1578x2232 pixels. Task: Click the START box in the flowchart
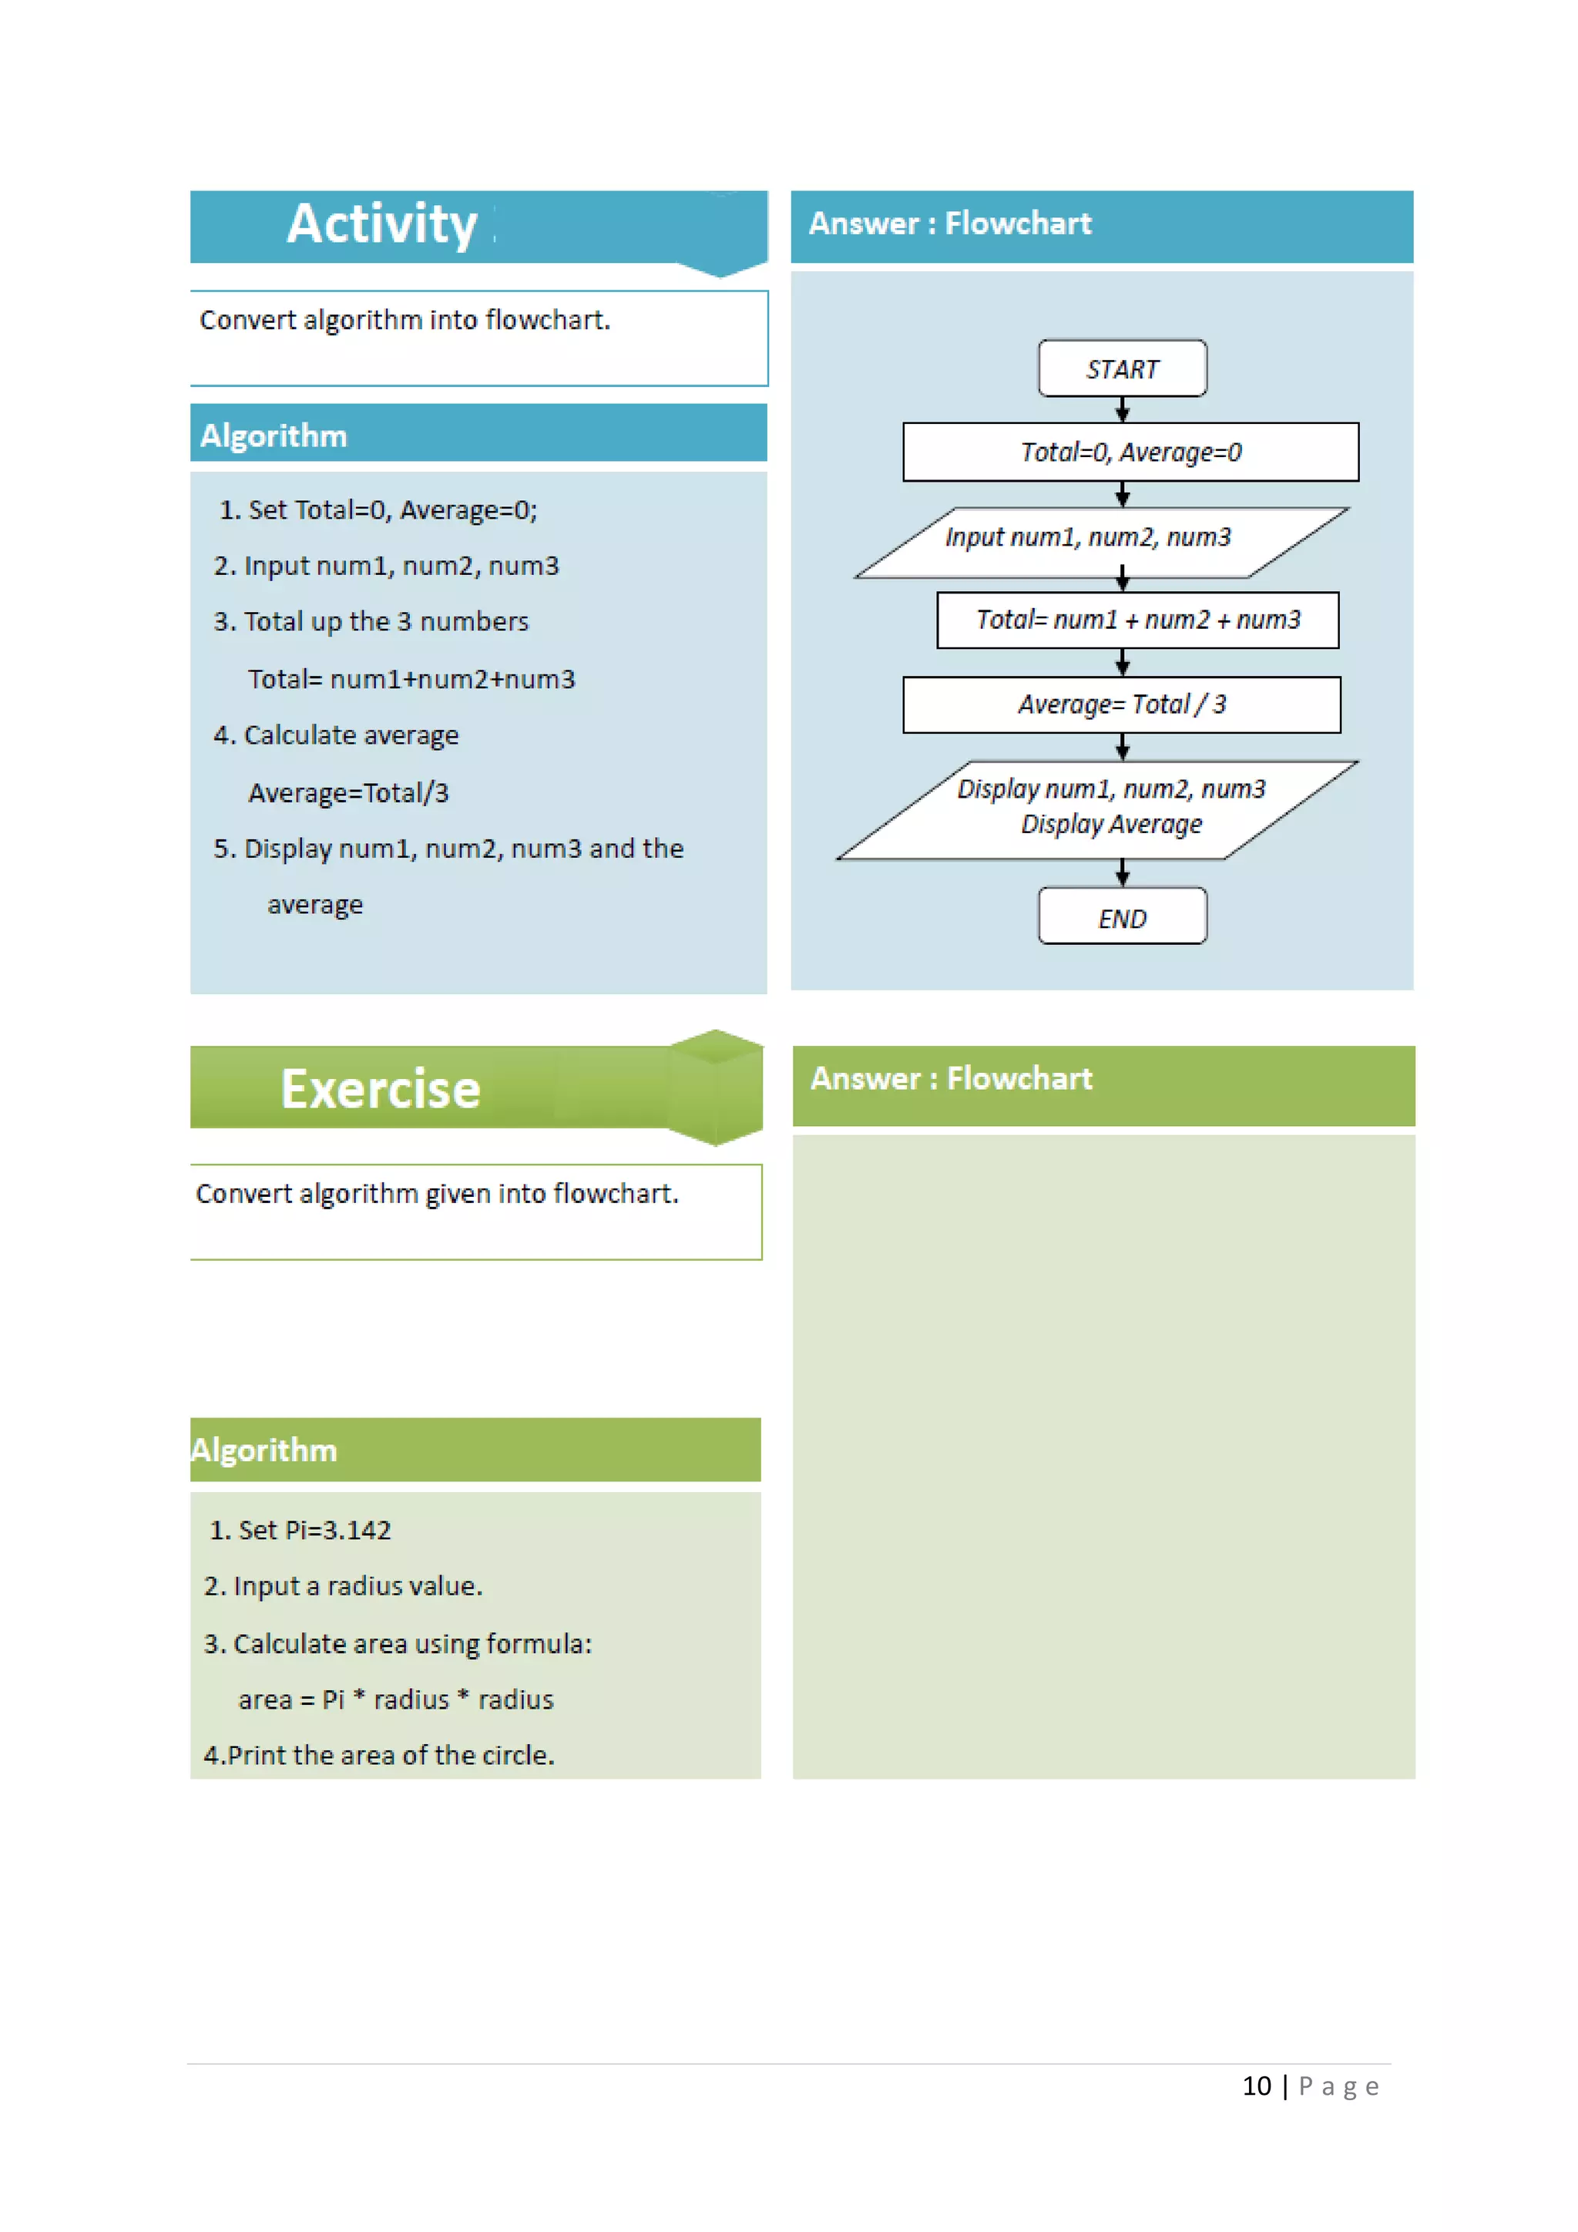[x=1123, y=368]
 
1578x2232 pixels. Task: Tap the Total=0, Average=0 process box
[x=1130, y=452]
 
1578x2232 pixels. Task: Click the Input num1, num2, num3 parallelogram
[x=1101, y=542]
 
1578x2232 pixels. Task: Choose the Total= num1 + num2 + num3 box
[x=1136, y=620]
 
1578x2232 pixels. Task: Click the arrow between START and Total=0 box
[x=1123, y=410]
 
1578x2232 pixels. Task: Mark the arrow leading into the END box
[x=1123, y=873]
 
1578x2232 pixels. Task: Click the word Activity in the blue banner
[x=382, y=224]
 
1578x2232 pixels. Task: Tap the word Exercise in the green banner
[x=381, y=1089]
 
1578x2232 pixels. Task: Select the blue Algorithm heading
[x=274, y=435]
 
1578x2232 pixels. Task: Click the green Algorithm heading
[x=264, y=1450]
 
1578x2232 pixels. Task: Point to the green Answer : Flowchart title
[x=952, y=1079]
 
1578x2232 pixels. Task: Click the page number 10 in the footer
[x=1257, y=2086]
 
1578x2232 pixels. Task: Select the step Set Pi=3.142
[x=301, y=1530]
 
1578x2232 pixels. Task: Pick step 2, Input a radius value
[x=343, y=1586]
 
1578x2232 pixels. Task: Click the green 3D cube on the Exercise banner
[x=715, y=1087]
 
